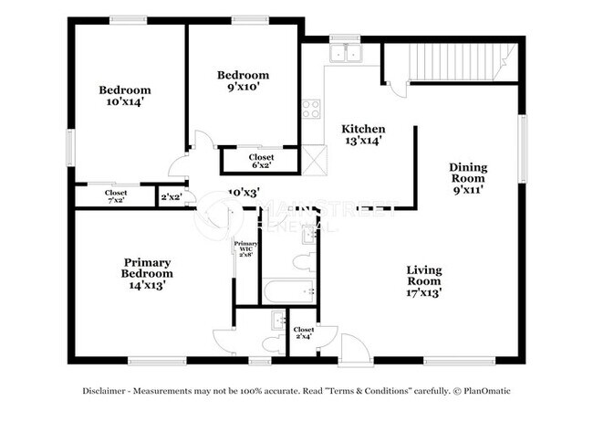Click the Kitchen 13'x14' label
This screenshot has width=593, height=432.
point(362,135)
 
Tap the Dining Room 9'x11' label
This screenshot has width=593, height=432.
point(468,179)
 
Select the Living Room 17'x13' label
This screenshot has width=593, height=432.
point(424,278)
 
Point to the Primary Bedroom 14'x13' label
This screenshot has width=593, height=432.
point(146,272)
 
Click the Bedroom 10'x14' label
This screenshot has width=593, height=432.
point(125,97)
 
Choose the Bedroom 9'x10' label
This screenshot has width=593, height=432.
point(243,80)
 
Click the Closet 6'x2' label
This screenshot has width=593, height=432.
point(261,162)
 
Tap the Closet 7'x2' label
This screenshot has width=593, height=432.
point(116,196)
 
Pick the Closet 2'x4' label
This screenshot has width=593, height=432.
point(304,333)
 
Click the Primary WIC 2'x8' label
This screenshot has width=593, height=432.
point(245,248)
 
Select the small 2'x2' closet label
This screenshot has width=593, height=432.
point(170,196)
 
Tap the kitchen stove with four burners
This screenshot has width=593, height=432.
point(311,110)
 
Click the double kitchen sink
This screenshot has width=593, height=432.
point(347,53)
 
